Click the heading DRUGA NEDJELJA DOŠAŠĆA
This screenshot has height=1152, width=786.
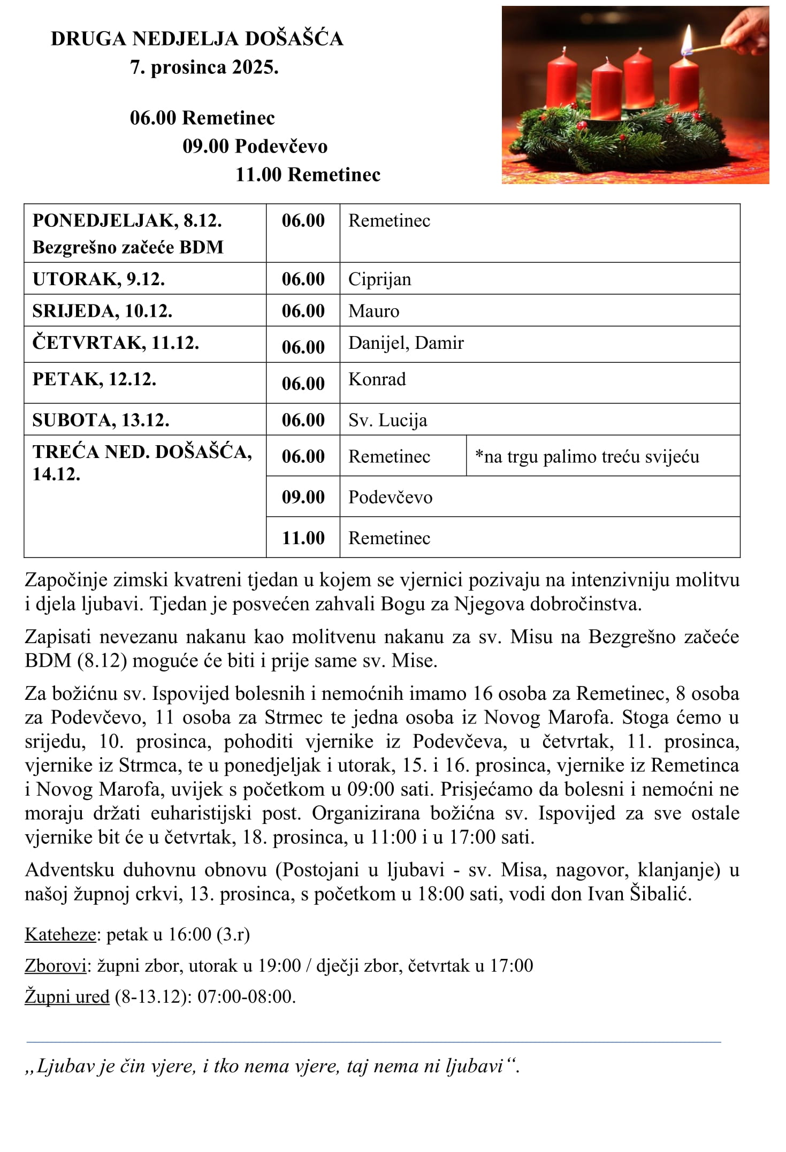[197, 39]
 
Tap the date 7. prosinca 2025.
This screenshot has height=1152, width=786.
[204, 68]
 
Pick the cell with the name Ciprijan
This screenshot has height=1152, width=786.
[379, 279]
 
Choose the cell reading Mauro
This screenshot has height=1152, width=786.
[373, 311]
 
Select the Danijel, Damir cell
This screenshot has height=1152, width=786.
[406, 343]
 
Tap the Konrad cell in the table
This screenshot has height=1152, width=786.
[377, 379]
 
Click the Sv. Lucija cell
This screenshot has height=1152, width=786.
[387, 420]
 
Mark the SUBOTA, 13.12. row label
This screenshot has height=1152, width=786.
[101, 420]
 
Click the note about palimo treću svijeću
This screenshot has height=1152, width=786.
[587, 457]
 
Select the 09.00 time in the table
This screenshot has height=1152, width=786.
[303, 497]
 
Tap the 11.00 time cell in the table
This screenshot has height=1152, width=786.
[303, 538]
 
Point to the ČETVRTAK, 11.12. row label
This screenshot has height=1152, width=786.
[116, 343]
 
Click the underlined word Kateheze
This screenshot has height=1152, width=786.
[60, 934]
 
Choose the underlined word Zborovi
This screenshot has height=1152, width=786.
[56, 965]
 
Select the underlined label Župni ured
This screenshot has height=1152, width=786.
[67, 996]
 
